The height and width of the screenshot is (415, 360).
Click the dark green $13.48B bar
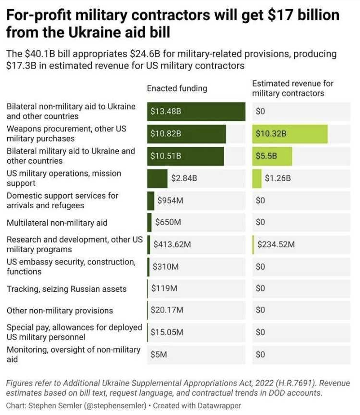(x=196, y=112)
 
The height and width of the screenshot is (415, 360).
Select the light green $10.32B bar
(x=290, y=134)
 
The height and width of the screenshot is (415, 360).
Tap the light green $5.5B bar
(x=272, y=156)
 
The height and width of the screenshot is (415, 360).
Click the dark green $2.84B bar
(x=157, y=178)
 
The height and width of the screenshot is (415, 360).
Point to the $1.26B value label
(x=278, y=178)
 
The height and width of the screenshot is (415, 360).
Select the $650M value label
(x=168, y=223)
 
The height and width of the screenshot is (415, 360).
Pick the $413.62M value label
(x=172, y=244)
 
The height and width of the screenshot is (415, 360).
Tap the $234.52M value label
(x=276, y=244)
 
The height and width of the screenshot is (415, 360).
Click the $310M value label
(x=166, y=267)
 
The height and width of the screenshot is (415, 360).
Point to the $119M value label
(x=165, y=288)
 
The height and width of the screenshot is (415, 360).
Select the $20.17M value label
(x=167, y=310)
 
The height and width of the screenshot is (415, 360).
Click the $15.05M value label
(x=167, y=332)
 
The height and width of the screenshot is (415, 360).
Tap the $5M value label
(x=159, y=355)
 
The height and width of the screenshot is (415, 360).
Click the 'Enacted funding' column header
(x=177, y=88)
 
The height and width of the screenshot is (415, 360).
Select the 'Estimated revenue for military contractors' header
(x=292, y=88)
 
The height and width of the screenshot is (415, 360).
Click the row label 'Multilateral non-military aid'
(x=57, y=223)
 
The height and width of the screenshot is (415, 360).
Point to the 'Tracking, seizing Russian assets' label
(x=67, y=289)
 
